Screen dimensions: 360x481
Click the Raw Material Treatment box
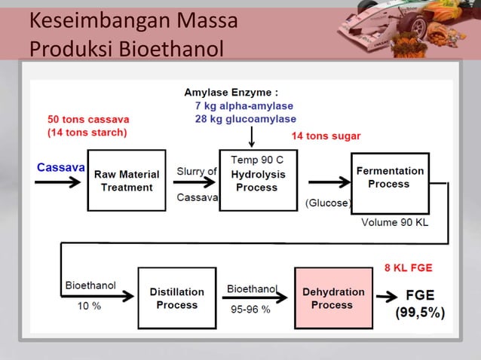click(126, 180)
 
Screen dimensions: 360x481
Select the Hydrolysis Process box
click(256, 181)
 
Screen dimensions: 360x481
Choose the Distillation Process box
click(176, 298)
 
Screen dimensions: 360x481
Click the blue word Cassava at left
click(60, 166)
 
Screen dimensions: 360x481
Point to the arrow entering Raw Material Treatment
click(61, 182)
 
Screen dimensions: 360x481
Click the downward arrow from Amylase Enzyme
click(252, 136)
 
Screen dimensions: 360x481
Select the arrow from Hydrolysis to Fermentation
click(324, 182)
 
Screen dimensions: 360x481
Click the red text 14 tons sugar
click(326, 136)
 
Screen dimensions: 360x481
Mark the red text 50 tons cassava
click(88, 120)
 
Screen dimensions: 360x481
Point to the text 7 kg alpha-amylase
click(244, 106)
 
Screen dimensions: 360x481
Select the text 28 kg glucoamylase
click(245, 119)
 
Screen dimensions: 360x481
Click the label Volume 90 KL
click(394, 222)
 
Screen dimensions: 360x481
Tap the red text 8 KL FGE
click(408, 267)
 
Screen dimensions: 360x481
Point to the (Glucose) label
click(329, 203)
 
